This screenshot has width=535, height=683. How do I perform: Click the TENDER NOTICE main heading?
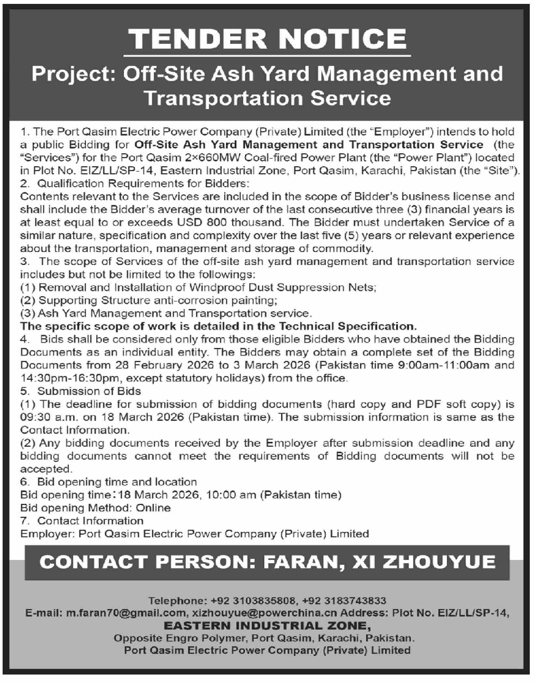[x=267, y=39]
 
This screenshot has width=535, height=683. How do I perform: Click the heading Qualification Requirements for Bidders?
[x=143, y=184]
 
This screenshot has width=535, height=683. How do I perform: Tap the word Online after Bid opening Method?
[x=153, y=508]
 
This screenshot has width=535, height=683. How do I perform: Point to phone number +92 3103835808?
[x=254, y=600]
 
